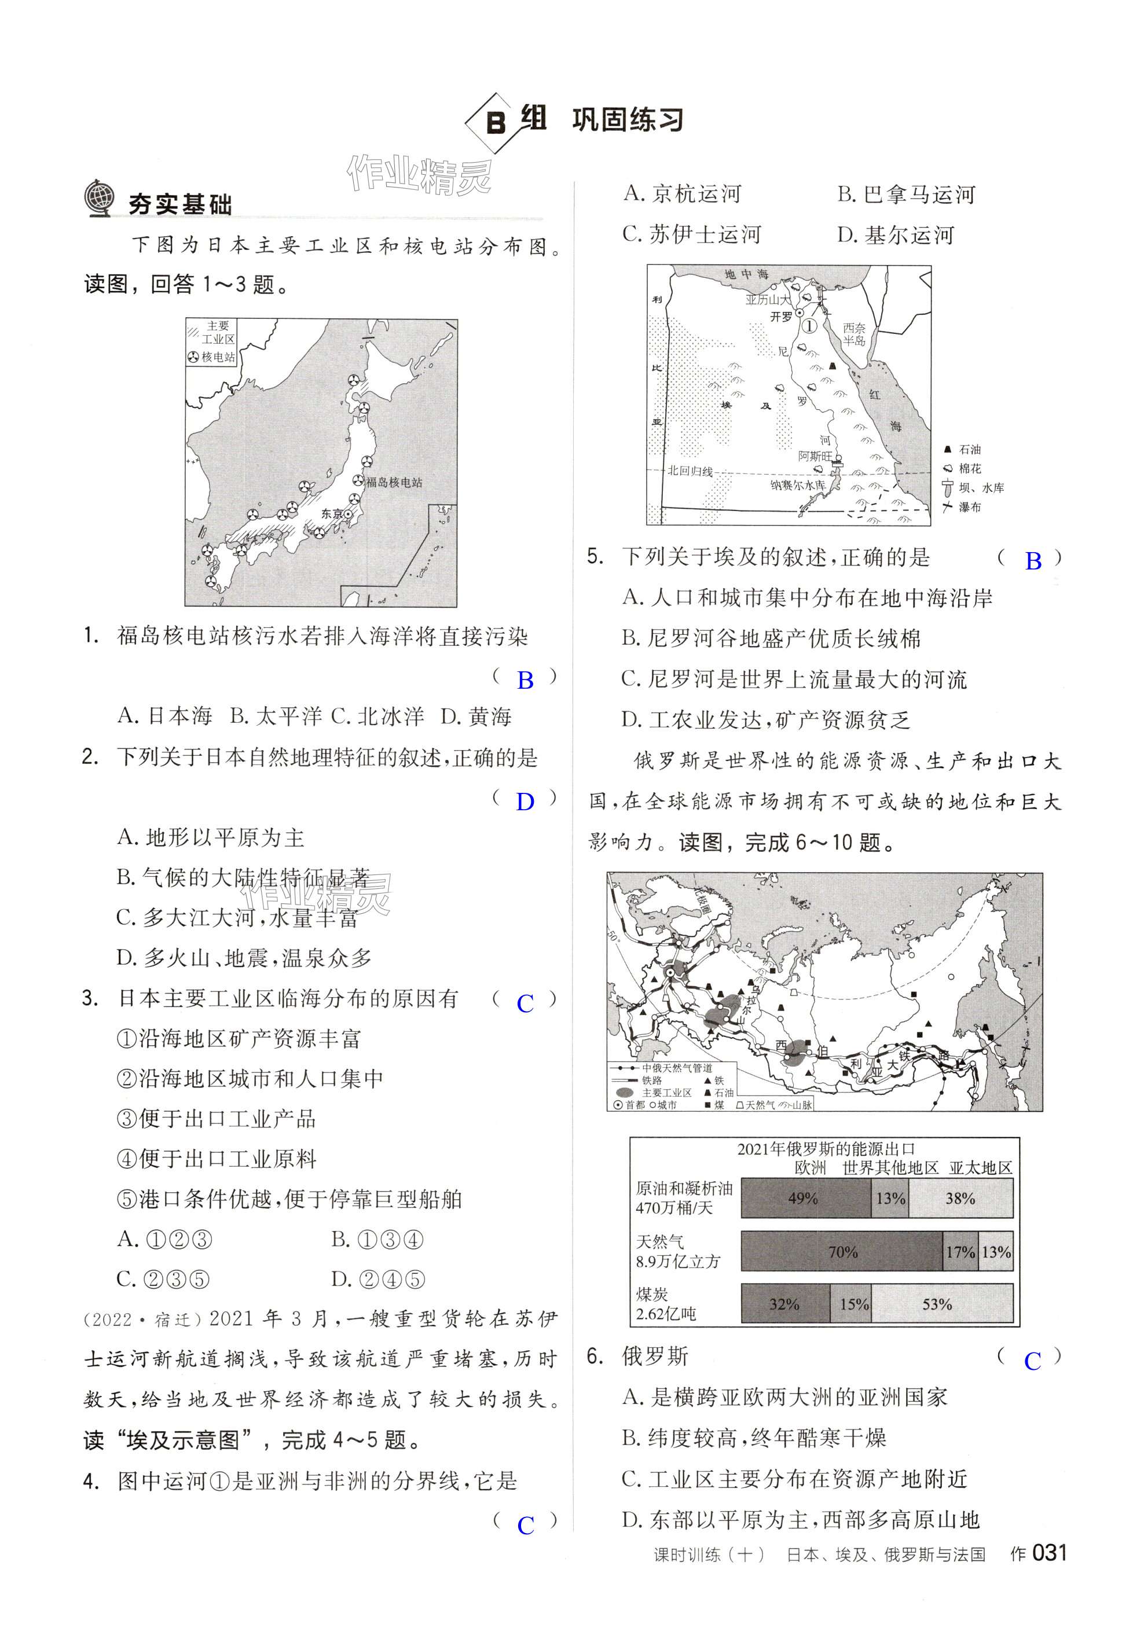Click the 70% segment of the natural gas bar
(842, 1251)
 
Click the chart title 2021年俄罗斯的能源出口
(826, 1149)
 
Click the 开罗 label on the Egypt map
(782, 318)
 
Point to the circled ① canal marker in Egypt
(810, 326)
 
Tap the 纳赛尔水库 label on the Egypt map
(797, 485)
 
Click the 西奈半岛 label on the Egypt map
(855, 335)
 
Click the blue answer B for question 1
(525, 680)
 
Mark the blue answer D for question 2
(525, 802)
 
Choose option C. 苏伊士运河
(692, 234)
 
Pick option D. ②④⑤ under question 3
(378, 1280)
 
